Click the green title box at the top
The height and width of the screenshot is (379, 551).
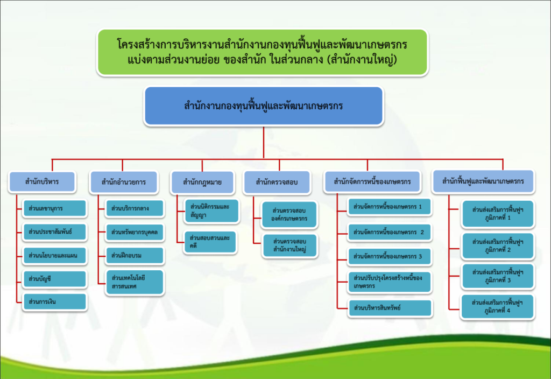click(262, 52)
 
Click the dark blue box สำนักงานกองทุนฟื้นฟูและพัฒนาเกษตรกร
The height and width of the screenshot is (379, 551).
click(264, 106)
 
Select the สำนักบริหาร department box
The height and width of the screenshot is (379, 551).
click(42, 182)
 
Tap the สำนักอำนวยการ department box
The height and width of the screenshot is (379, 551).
click(124, 182)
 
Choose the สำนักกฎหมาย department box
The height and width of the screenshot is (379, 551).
click(202, 182)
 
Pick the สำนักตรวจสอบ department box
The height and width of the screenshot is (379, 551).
click(277, 182)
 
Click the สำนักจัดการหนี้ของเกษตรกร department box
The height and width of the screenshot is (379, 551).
click(372, 182)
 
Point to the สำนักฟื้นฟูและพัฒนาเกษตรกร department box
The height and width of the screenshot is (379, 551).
click(483, 181)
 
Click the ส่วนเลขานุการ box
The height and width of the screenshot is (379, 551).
click(54, 208)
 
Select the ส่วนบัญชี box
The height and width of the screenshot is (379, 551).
click(54, 279)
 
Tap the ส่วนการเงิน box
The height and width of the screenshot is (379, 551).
click(54, 301)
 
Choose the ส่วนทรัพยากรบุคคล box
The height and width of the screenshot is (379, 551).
click(135, 232)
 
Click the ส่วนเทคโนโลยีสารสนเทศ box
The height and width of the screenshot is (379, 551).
click(135, 282)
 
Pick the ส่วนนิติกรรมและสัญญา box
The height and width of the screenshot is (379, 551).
click(212, 211)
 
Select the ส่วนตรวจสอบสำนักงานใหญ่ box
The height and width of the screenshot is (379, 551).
click(289, 245)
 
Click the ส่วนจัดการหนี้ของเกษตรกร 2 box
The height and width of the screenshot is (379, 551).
click(390, 233)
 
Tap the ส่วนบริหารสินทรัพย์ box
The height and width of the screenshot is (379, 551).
click(390, 308)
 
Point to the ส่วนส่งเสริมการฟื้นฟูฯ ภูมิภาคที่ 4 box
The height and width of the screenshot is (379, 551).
click(498, 306)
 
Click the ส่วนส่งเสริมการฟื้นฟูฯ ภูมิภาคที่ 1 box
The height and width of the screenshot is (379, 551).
click(498, 214)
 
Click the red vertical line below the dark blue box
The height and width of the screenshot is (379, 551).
click(264, 142)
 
